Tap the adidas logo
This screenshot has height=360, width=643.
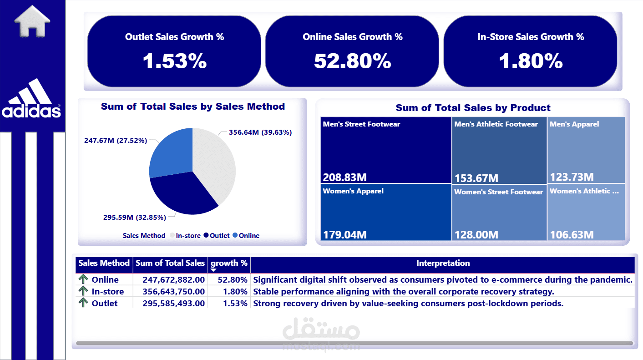[x=32, y=100]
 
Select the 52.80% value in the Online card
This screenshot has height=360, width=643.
[x=352, y=61]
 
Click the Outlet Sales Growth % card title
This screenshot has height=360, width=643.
[x=174, y=37]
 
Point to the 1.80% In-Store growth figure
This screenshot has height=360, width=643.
[x=531, y=61]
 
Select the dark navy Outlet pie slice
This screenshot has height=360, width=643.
[x=182, y=193]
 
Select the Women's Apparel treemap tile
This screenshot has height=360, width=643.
[x=386, y=212]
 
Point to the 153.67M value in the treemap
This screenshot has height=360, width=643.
[x=476, y=178]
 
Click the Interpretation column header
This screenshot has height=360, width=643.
[x=443, y=263]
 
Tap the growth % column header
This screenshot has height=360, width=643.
[x=229, y=263]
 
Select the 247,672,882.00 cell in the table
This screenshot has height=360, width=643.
[x=173, y=280]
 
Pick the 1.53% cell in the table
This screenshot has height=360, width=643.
[x=235, y=304]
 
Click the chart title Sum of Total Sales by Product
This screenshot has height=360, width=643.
[x=473, y=108]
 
